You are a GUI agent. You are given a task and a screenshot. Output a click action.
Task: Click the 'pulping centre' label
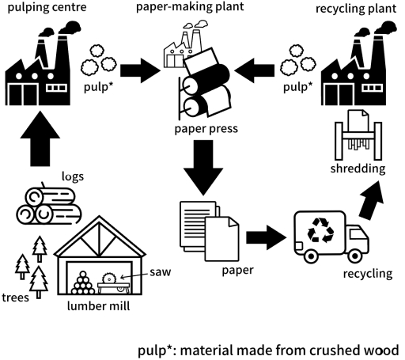(x=47, y=9)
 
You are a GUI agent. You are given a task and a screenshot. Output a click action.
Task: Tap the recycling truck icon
(x=332, y=233)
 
